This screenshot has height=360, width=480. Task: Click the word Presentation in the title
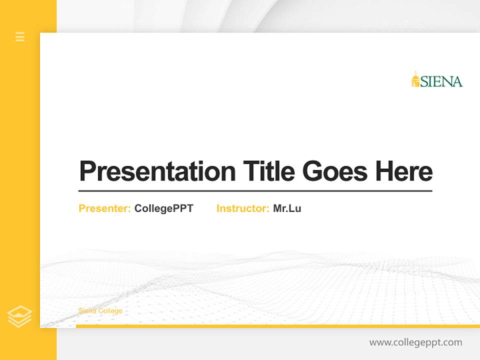[157, 171]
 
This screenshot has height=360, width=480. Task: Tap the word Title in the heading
[269, 171]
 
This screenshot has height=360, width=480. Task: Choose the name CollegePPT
[164, 208]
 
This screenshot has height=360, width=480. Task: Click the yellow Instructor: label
[243, 208]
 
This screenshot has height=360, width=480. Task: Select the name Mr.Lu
[287, 208]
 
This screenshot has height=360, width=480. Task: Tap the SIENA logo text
[441, 81]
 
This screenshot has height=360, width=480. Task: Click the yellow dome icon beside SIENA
[415, 79]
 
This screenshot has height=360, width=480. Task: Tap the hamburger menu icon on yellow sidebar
[20, 36]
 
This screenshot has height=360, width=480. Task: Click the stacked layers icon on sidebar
[19, 316]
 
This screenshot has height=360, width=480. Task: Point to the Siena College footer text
[100, 311]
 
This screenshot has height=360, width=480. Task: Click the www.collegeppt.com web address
[415, 342]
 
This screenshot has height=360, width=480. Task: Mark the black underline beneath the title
[255, 191]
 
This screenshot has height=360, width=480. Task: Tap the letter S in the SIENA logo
[424, 82]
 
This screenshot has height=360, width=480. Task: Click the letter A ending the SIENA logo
[457, 82]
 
